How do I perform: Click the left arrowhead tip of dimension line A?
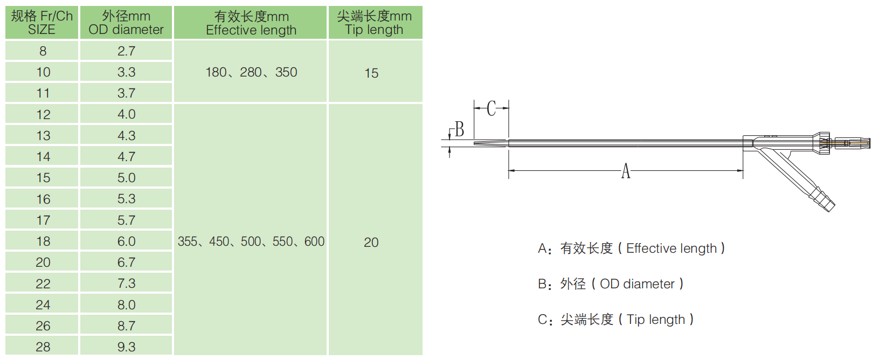tap(509, 170)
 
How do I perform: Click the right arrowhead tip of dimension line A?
tap(743, 170)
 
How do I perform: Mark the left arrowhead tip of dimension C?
tap(474, 108)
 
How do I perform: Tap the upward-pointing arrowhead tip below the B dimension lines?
tap(449, 147)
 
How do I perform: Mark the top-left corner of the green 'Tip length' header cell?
tap(329, 6)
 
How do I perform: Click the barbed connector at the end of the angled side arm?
tap(825, 202)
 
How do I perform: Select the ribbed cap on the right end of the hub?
tap(823, 143)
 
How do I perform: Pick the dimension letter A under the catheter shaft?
tap(625, 171)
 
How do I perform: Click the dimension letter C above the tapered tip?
tap(492, 108)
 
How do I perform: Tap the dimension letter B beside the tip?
tap(459, 129)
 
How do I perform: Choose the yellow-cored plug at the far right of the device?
tap(853, 143)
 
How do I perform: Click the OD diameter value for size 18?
tap(126, 241)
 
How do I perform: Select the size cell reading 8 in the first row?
tap(42, 51)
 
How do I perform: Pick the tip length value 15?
tap(371, 73)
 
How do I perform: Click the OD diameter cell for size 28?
tap(126, 347)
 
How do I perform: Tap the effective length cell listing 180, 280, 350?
tap(251, 72)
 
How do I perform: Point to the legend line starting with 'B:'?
tap(611, 283)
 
